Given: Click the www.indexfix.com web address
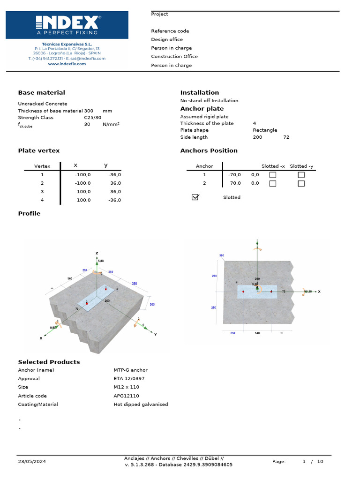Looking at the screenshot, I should coord(67,64).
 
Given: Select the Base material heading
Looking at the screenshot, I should coord(41,93).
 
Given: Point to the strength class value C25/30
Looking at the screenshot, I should coord(92,117).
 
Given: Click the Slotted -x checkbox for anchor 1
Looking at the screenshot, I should coord(272,175).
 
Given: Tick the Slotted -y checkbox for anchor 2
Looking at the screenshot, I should coord(301,183).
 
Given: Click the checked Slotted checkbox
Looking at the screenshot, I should coord(195,197).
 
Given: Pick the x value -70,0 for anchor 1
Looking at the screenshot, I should coord(234,175).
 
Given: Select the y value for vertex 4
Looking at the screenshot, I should coord(114,200).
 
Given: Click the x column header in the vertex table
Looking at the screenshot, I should coord(75,165).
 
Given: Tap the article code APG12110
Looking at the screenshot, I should coord(127,396).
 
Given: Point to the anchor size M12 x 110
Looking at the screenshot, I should coord(126,387).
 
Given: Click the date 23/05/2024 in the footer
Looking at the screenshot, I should coord(32,462).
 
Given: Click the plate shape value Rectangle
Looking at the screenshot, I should coord(265,130).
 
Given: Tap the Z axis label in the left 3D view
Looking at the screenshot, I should coord(97,253).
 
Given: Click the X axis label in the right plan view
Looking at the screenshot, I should coord(319,291).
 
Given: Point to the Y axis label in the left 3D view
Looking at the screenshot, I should coord(155,334).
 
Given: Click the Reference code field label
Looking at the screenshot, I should coord(170,31).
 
